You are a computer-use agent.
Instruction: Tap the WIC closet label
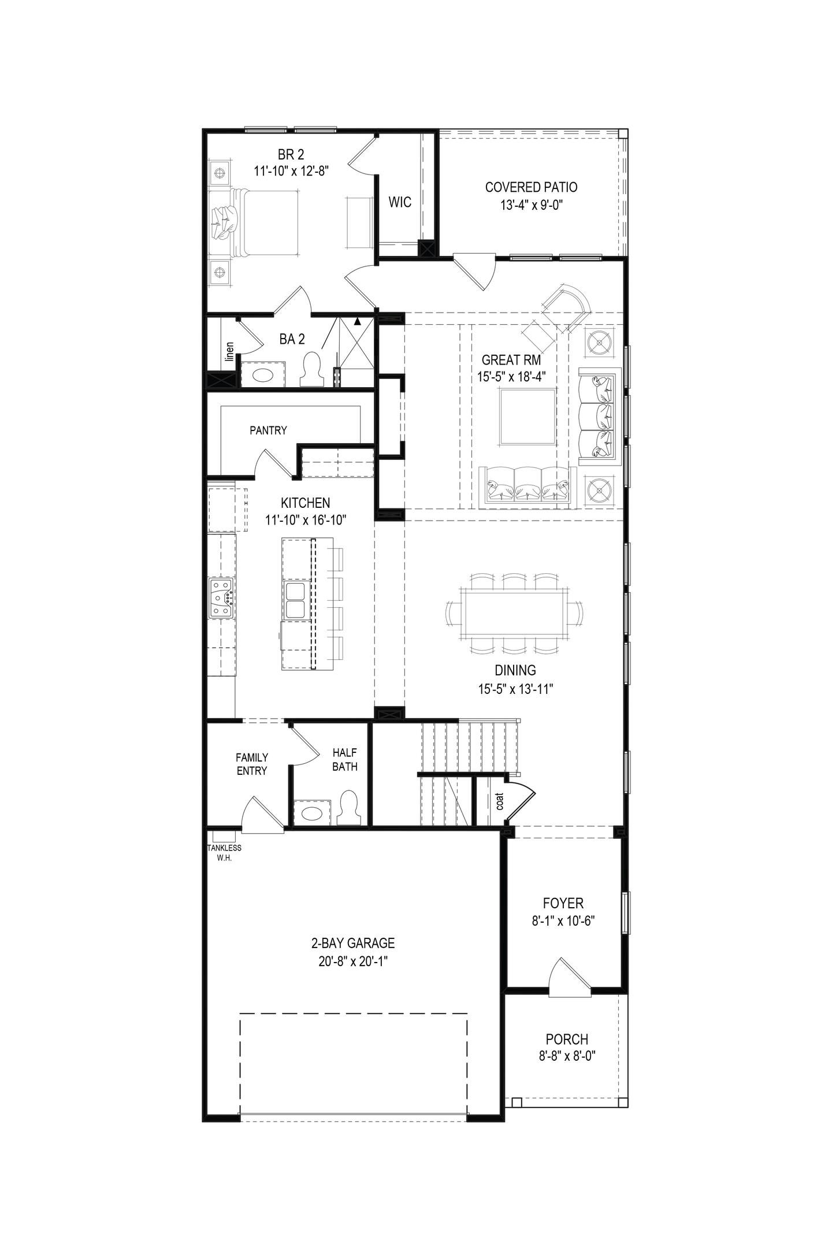(400, 202)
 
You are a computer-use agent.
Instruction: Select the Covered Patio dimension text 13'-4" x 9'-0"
(531, 205)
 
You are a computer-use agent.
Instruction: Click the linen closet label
(229, 352)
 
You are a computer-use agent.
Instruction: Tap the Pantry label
(268, 430)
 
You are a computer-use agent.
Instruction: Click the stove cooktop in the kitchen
(221, 598)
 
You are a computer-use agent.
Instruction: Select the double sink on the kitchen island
(295, 600)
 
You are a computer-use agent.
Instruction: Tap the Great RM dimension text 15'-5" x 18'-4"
(511, 377)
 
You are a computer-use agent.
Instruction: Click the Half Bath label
(345, 760)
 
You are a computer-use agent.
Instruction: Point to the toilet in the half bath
(348, 808)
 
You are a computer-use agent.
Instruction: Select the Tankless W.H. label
(224, 853)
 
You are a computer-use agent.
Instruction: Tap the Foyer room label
(563, 903)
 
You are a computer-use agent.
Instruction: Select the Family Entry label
(251, 764)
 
